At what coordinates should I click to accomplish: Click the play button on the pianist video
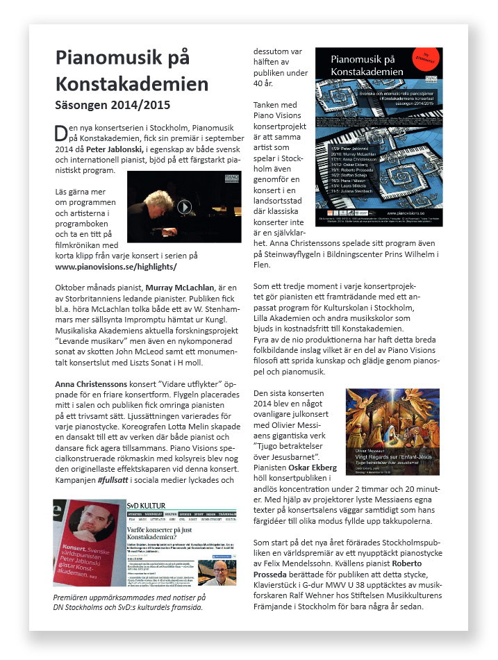point(183,206)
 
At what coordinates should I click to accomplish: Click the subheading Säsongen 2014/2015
point(113,106)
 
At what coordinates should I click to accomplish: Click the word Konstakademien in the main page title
point(132,83)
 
